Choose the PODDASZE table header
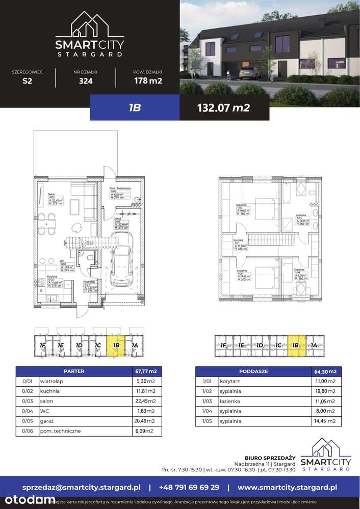[x=253, y=371]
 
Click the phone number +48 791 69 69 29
[x=189, y=487]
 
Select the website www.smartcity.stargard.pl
[x=288, y=487]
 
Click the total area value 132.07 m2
[x=225, y=108]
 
